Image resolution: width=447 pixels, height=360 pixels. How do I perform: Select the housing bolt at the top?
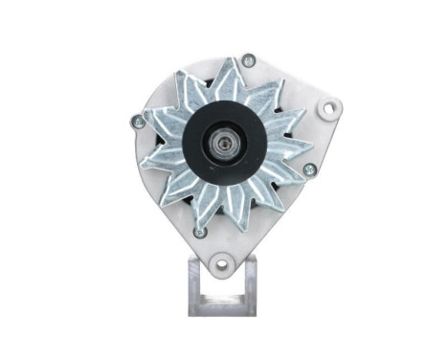[248, 60]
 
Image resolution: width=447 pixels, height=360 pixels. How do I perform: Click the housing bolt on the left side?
[135, 122]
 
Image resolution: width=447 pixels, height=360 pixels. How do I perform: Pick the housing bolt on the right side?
[308, 169]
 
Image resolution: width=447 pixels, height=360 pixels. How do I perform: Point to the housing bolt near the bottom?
[199, 232]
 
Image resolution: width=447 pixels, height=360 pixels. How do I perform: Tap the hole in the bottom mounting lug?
[222, 259]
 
